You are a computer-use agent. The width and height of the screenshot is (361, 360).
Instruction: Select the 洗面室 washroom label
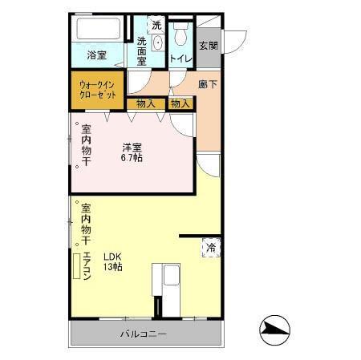click(142, 51)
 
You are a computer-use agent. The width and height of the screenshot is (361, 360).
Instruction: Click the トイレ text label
click(180, 58)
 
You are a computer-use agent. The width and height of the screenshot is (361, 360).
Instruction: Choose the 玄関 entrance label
click(208, 46)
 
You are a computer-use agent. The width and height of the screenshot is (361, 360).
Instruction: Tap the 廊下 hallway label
click(208, 83)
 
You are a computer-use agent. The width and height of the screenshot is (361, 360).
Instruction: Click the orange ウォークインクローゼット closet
click(98, 88)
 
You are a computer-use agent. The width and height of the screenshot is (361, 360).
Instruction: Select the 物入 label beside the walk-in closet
click(145, 103)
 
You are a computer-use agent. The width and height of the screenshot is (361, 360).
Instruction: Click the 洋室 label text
click(132, 147)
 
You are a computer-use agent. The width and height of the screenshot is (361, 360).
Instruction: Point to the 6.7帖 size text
click(132, 158)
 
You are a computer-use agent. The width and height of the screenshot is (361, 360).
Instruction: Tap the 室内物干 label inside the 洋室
click(86, 146)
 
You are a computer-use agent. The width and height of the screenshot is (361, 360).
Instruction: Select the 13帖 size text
click(112, 267)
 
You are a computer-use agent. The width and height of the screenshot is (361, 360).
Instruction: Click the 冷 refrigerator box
click(211, 248)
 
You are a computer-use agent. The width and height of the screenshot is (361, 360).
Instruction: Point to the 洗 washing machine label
click(156, 25)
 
